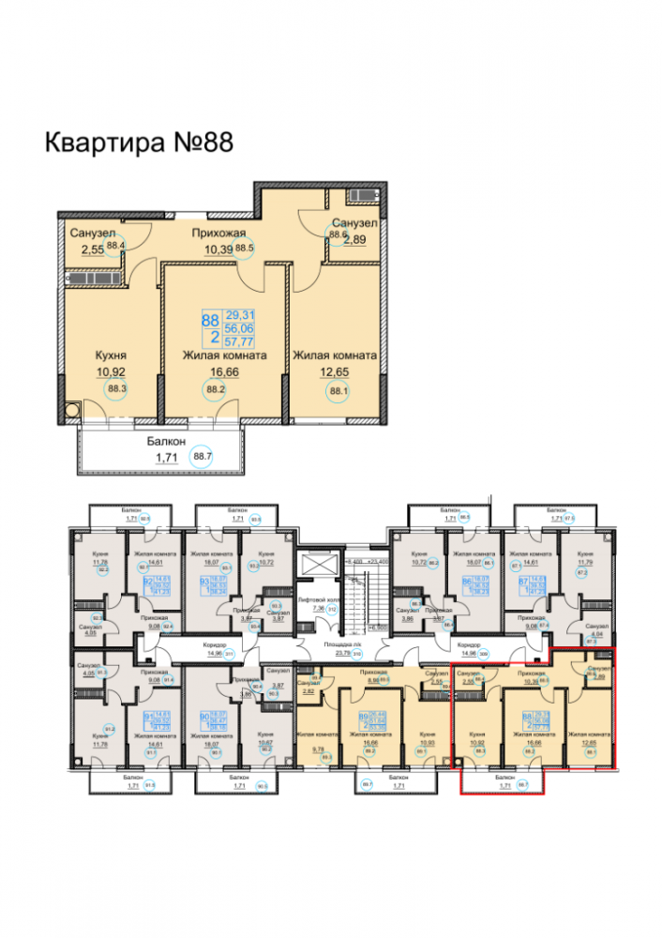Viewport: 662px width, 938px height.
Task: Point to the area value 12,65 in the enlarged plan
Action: [335, 371]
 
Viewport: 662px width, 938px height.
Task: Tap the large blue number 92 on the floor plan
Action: [147, 582]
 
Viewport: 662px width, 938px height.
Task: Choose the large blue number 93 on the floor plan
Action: [202, 582]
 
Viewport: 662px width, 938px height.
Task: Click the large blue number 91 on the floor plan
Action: [147, 717]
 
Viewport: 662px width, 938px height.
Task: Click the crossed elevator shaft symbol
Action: [312, 566]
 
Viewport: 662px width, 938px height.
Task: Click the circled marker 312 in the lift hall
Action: [330, 608]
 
